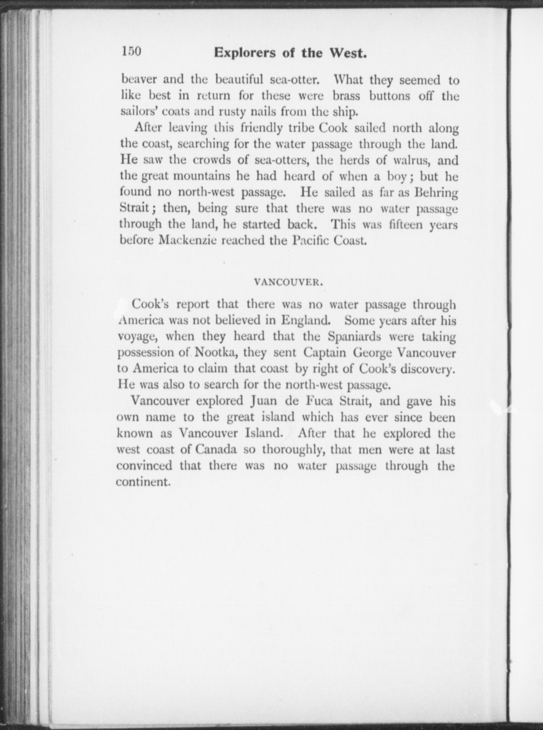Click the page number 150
tap(131, 51)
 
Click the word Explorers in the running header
tap(245, 53)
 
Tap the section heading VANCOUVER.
tap(289, 282)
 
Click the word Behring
tap(436, 193)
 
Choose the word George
tap(372, 352)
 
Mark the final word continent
tap(143, 482)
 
